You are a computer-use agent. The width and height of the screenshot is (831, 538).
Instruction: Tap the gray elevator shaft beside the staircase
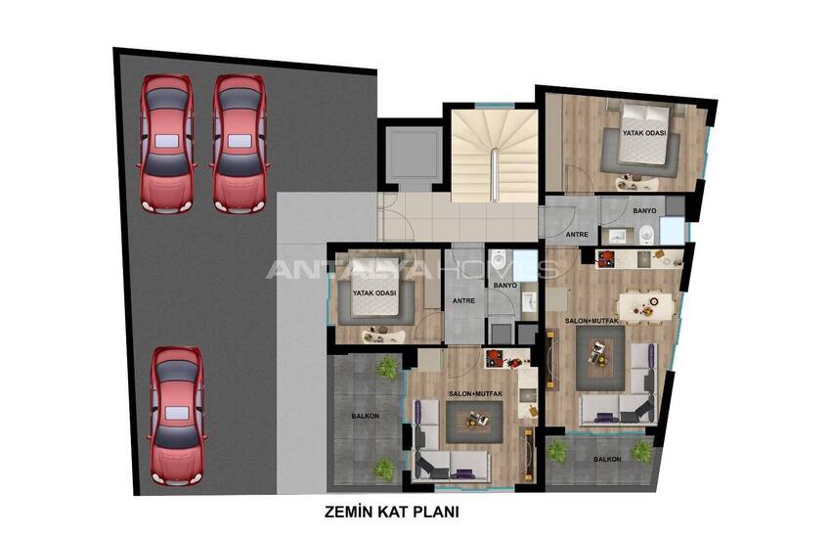(x=411, y=156)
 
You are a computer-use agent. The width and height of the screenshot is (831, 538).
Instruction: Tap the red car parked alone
(x=176, y=416)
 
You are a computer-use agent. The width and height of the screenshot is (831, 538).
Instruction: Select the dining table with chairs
(x=644, y=306)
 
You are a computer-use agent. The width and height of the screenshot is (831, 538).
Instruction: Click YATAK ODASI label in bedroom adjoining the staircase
(x=644, y=133)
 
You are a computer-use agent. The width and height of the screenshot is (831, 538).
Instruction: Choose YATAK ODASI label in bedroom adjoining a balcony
(x=374, y=292)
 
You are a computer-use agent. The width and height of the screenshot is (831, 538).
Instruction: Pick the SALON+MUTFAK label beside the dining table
(x=591, y=321)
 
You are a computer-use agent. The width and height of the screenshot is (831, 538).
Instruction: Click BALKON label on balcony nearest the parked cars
(x=366, y=416)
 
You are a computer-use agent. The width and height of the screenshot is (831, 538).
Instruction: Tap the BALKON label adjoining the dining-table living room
(x=607, y=459)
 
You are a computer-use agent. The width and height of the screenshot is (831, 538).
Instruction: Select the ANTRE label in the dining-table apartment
(x=577, y=234)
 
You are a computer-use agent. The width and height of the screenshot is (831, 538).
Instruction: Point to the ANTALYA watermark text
(x=347, y=269)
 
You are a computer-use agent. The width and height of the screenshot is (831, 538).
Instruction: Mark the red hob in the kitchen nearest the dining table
(x=604, y=258)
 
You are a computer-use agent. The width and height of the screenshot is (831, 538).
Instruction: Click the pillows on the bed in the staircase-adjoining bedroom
(x=646, y=112)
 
